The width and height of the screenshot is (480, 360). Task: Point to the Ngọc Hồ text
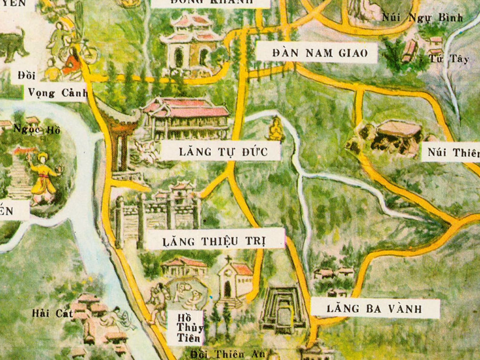(x=37, y=130)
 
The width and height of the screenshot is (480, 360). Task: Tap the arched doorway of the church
(x=227, y=290)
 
